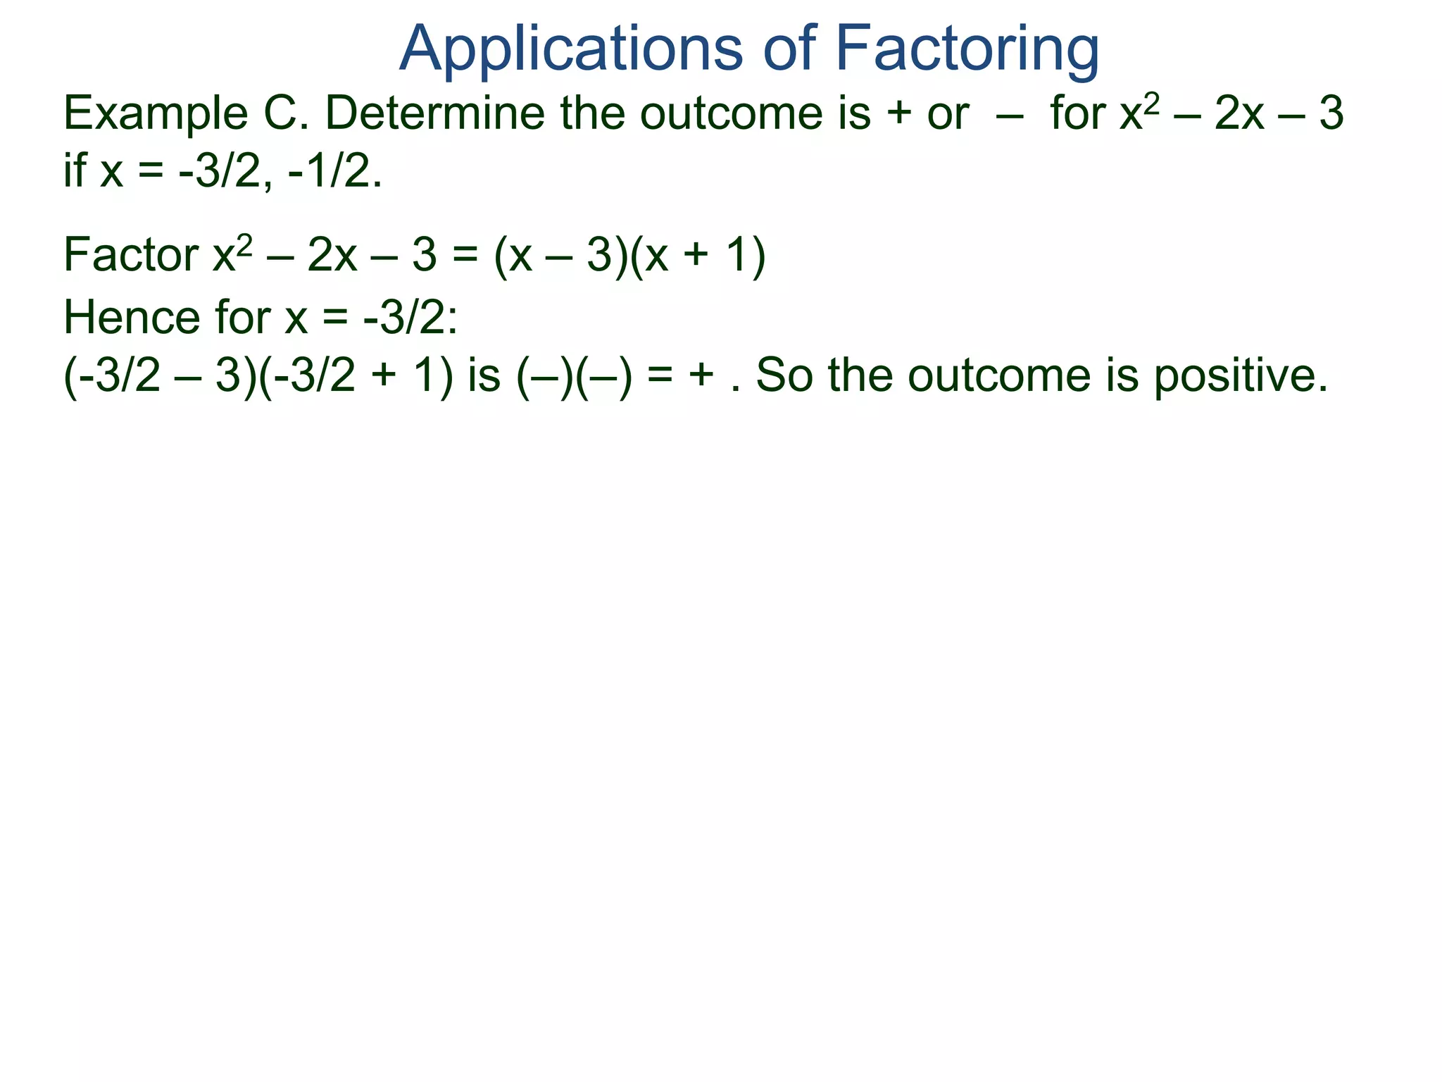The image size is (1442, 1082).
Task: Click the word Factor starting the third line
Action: pos(131,255)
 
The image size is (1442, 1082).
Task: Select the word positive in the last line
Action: pos(1239,375)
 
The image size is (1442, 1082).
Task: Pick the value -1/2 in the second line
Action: pos(335,171)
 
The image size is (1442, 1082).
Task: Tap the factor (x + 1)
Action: pos(697,255)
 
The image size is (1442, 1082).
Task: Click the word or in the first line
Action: pos(948,114)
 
